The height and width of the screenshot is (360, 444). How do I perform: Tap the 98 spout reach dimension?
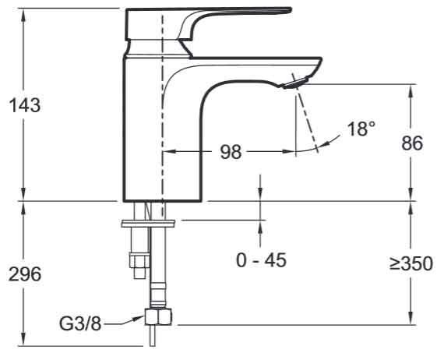231,152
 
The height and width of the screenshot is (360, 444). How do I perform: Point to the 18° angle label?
361,129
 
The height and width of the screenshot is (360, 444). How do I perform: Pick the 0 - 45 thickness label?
261,259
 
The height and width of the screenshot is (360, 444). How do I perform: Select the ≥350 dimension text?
411,264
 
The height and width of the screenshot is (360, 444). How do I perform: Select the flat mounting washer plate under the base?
149,224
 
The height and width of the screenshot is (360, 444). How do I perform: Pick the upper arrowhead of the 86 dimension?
411,88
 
